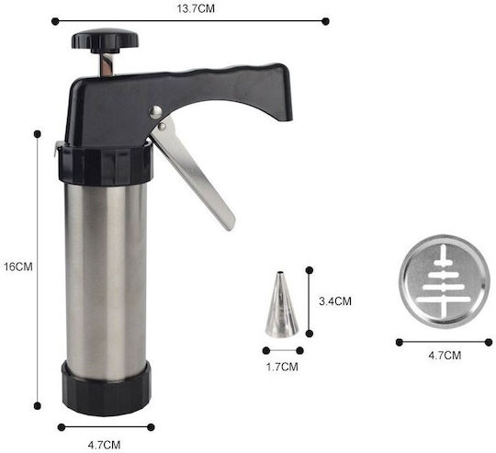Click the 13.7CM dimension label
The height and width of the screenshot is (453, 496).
tap(196, 8)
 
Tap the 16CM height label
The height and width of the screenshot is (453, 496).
tap(18, 267)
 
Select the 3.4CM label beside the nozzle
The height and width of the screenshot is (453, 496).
tap(335, 301)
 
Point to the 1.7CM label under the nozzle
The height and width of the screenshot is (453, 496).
tap(282, 367)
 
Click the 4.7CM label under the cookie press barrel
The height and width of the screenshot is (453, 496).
tap(104, 445)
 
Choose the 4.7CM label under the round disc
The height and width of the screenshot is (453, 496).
tap(445, 356)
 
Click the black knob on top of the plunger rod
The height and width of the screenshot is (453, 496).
tap(105, 40)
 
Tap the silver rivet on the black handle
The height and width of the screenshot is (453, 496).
tap(155, 112)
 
